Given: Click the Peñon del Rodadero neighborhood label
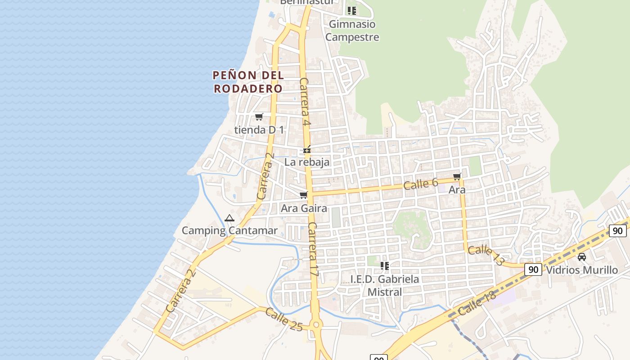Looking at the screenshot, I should coord(248,81).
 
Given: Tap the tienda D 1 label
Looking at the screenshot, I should coord(259,130).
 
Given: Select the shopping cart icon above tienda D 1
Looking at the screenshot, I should coord(259,117).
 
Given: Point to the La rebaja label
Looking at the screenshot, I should coord(307,162).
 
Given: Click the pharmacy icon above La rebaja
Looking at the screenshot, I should coord(307,149).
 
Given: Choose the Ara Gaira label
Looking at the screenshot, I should coord(304,209).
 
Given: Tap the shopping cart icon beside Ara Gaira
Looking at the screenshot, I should coord(304,195).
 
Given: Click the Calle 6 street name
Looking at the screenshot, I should coord(421,184).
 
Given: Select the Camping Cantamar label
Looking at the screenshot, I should coord(229,231).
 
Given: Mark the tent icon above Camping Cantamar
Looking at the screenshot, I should coord(229,218).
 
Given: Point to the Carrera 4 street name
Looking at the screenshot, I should coord(305,102).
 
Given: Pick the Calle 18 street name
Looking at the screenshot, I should coord(477,303).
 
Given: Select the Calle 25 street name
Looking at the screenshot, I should coord(283,319).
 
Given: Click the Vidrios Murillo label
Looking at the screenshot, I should coord(581,270).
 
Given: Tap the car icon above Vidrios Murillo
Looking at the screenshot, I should coord(582,257).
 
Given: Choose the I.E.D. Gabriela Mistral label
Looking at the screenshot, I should coord(385,285).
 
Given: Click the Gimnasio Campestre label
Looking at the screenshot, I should coord(352,31).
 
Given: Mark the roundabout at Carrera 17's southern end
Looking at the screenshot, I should coord(316,324).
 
